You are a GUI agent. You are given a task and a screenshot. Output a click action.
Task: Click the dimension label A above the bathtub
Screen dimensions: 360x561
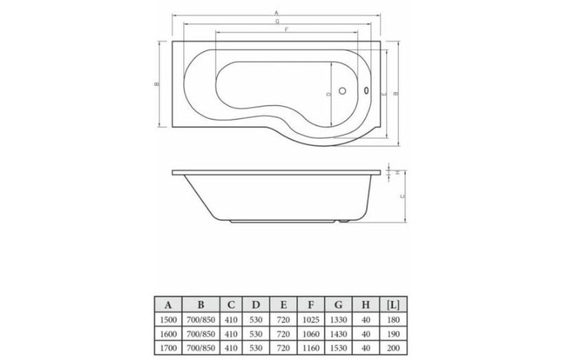(277, 13)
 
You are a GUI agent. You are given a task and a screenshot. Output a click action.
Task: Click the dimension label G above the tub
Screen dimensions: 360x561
(278, 22)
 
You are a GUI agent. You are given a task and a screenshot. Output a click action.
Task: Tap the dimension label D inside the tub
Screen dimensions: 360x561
(328, 93)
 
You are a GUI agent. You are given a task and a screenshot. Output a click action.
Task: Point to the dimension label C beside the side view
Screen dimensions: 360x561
(403, 197)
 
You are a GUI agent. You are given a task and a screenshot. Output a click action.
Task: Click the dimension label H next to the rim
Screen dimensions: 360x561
(397, 171)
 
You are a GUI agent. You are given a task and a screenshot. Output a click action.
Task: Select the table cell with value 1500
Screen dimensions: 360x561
(168, 319)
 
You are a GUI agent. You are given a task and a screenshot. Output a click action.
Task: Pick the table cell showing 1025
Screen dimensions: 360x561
(309, 319)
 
